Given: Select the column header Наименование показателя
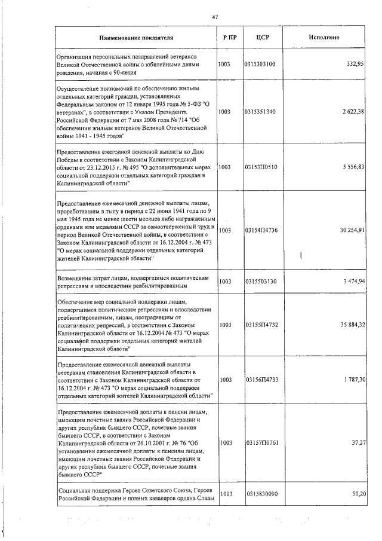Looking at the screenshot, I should [137, 37].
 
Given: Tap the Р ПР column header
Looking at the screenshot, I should [230, 37].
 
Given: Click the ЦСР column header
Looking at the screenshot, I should [263, 37].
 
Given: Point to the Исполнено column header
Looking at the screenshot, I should [324, 37].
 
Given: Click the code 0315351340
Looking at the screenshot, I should [260, 111].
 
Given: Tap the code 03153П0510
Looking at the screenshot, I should [260, 167].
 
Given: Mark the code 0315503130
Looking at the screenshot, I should [260, 280].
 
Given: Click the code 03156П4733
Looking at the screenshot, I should [260, 380].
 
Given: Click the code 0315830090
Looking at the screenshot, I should [260, 494].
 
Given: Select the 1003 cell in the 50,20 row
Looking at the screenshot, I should [225, 494].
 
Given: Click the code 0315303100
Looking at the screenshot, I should [260, 63].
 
